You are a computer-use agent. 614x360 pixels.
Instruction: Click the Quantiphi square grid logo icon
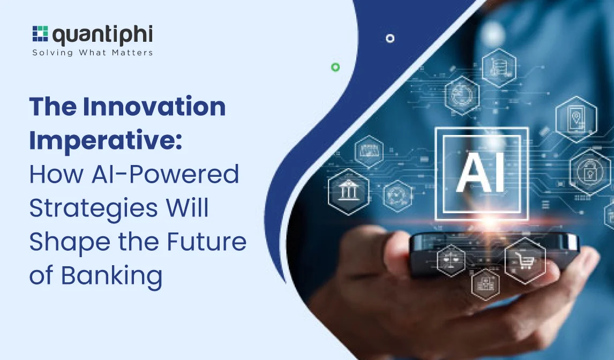(40, 34)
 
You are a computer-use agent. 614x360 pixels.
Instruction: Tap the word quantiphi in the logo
(102, 35)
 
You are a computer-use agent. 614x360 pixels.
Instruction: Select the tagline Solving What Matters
(92, 52)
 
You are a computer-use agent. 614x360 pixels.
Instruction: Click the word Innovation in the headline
(154, 106)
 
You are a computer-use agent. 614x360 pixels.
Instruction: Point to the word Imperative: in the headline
(106, 140)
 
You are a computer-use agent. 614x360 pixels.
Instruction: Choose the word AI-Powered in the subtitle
(165, 175)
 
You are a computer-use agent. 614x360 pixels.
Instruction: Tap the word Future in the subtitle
(207, 242)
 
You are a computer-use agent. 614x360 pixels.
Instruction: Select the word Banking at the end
(111, 276)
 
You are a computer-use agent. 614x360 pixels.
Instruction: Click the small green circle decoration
(335, 67)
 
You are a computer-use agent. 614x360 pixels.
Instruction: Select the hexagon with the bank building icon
(348, 192)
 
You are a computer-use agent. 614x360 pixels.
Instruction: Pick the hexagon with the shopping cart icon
(525, 260)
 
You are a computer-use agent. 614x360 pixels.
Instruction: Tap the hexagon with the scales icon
(451, 260)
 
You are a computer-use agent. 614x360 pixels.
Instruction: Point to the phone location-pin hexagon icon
(576, 119)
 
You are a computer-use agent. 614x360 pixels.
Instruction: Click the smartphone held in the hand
(493, 251)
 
